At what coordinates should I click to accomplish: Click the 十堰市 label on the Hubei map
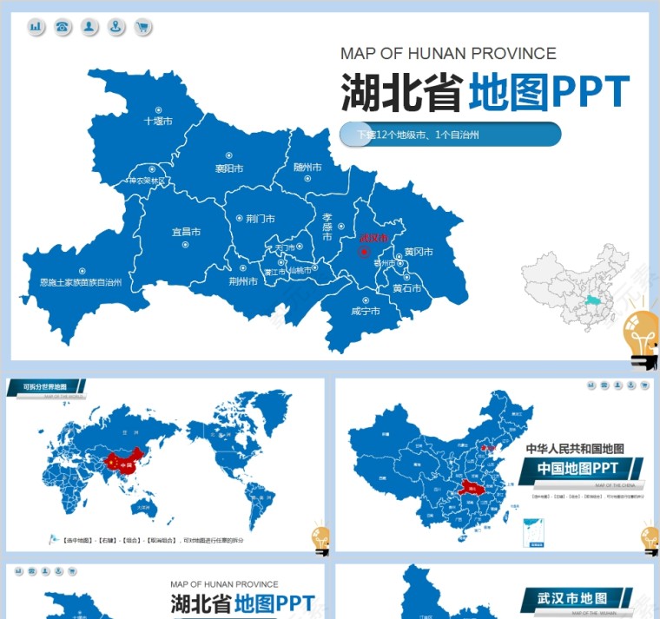pyautogui.click(x=157, y=122)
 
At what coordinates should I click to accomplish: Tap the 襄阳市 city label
pyautogui.click(x=229, y=168)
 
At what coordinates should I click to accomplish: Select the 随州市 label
pyautogui.click(x=307, y=167)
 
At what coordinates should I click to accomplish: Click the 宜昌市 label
pyautogui.click(x=186, y=232)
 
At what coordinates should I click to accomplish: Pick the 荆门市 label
pyautogui.click(x=260, y=219)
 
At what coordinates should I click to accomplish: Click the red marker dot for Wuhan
pyautogui.click(x=366, y=253)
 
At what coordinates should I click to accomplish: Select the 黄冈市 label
pyautogui.click(x=418, y=252)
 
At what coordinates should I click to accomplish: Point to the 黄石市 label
pyautogui.click(x=406, y=288)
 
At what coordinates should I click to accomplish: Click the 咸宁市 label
pyautogui.click(x=366, y=310)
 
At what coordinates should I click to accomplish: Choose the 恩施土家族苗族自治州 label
pyautogui.click(x=81, y=282)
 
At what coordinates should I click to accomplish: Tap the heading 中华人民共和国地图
pyautogui.click(x=575, y=449)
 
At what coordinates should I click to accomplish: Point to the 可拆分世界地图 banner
pyautogui.click(x=44, y=386)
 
